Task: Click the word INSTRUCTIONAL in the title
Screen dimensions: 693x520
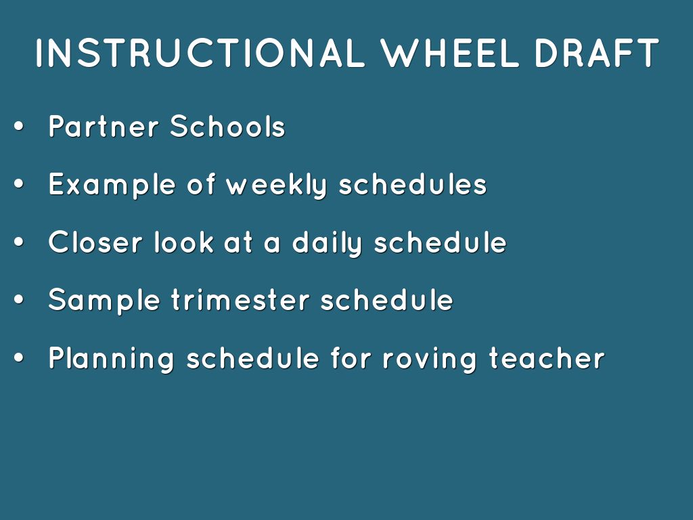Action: pos(200,53)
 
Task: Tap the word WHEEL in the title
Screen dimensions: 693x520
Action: pos(450,53)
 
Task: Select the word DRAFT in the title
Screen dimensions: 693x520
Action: pos(597,53)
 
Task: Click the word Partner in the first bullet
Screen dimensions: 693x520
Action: pos(104,126)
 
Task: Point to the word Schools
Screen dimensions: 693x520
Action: pos(227,126)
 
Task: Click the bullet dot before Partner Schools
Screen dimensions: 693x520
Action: pos(18,127)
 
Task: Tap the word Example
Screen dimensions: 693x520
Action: pos(112,186)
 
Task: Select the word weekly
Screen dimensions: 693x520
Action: pos(276,185)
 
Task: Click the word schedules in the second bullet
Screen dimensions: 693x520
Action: pos(412,184)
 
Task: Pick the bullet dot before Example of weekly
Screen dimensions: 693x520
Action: pos(18,184)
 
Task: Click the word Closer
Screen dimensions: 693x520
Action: pos(95,242)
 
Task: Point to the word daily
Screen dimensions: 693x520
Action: pos(327,243)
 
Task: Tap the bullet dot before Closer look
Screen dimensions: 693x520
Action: pos(18,242)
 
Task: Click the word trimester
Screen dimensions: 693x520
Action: pos(240,300)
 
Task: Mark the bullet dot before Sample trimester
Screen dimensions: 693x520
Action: pos(18,300)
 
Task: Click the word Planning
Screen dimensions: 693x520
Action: pos(112,359)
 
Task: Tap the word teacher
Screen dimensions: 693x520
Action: pos(547,358)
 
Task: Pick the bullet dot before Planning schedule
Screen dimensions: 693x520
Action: pos(18,358)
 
